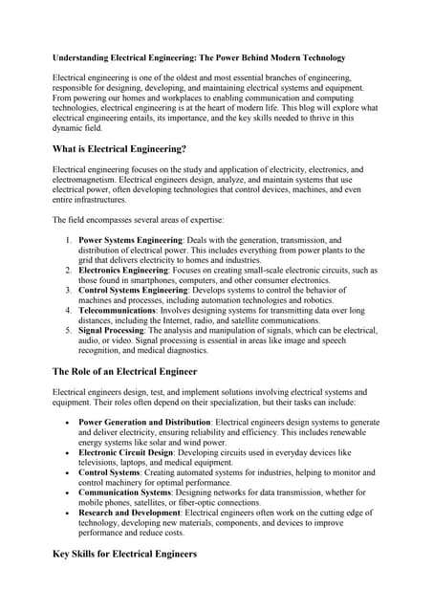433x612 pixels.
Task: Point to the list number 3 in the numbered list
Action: [x=67, y=291]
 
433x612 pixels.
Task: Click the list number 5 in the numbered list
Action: [x=67, y=331]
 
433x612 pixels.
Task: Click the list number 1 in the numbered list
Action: [x=67, y=240]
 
